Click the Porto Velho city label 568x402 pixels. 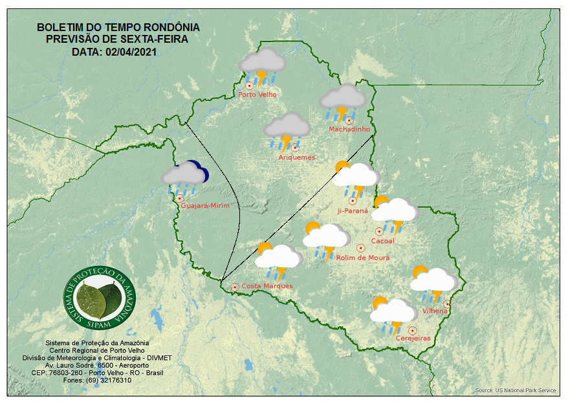257,95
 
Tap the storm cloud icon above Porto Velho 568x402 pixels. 263,66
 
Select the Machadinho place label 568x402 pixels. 349,129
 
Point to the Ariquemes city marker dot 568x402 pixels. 295,148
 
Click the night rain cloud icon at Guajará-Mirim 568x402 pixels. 184,175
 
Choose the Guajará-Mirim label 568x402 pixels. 206,206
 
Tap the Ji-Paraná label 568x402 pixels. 353,210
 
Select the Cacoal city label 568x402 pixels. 382,241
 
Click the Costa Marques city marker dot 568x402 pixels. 235,286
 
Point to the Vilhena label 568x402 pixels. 435,311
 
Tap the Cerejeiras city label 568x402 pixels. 413,338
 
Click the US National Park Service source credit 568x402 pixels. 516,390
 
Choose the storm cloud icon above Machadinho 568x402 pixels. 343,101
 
